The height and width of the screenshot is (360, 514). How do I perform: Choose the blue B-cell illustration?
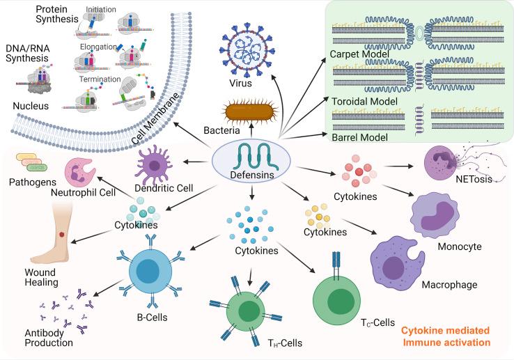coord(150,274)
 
